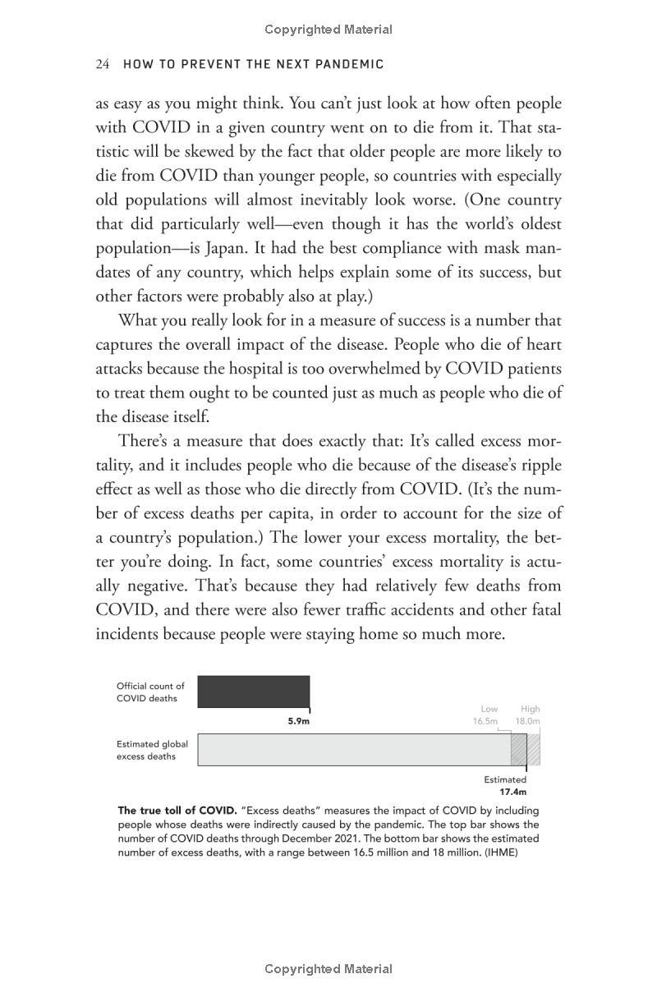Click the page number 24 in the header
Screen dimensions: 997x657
tap(103, 64)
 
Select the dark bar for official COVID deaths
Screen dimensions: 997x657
tap(254, 691)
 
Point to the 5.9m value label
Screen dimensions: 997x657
tap(298, 721)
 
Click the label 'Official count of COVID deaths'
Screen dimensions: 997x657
tap(150, 691)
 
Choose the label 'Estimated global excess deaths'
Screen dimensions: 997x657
tap(152, 750)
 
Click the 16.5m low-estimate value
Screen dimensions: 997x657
tap(485, 721)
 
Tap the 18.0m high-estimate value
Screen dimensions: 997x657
tap(527, 721)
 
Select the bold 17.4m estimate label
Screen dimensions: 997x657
tap(513, 792)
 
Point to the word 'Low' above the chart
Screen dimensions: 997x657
tap(489, 709)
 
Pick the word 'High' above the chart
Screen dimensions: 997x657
tap(530, 709)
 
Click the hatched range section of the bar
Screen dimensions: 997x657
tap(526, 750)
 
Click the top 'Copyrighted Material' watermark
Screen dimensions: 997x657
tap(328, 30)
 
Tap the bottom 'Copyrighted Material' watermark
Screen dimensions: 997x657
tap(328, 969)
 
